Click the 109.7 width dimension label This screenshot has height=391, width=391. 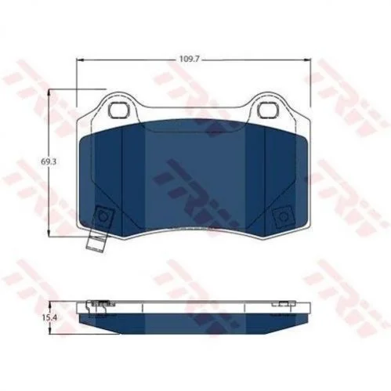pos(190,59)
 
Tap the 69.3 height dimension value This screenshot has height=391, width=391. pos(49,162)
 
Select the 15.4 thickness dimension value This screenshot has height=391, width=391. pos(49,317)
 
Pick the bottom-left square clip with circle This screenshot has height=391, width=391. pos(103,216)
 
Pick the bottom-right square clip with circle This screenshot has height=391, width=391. pos(283,216)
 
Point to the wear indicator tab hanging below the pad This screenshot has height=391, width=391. pos(96,243)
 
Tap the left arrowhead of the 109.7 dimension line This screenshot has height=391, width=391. pos(79,60)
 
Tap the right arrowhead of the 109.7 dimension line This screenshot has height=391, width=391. pos(307,60)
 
